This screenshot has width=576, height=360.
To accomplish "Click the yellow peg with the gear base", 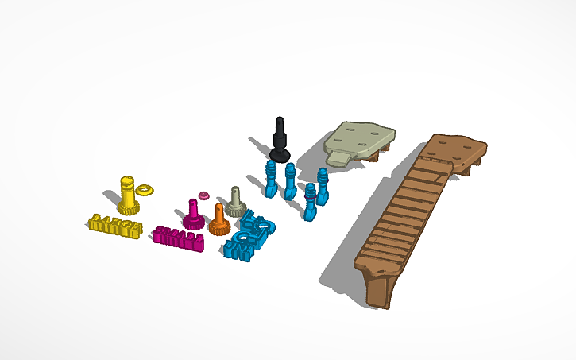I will point(128,192).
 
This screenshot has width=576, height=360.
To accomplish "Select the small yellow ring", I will point(145,190).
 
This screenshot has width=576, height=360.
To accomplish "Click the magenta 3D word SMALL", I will point(180,237).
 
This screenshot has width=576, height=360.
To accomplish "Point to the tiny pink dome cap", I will point(203,194).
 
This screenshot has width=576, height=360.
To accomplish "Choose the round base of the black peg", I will point(279,153).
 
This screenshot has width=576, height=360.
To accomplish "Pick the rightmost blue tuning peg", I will point(323,186).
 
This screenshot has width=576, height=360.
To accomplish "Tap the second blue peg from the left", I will point(290,181).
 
